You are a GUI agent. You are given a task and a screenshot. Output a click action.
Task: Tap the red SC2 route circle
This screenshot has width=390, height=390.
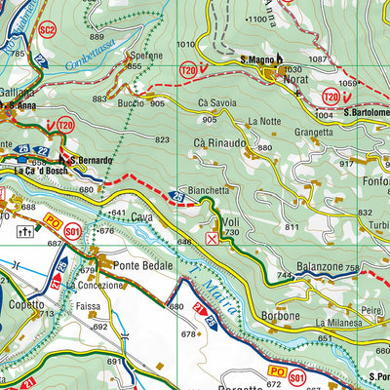46,30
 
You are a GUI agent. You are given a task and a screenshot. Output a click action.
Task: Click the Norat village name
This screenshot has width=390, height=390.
295,81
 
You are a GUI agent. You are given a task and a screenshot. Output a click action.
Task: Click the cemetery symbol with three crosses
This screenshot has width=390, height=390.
25,232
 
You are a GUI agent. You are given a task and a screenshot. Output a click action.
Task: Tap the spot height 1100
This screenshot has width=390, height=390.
255,19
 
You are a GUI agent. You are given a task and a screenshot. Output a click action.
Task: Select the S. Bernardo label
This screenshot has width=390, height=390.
91,160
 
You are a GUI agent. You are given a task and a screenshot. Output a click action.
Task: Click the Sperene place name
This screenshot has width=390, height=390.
145,57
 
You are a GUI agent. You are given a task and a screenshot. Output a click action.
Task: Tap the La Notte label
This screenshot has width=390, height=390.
264,121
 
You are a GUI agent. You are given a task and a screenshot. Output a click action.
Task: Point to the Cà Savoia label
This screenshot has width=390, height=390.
215,104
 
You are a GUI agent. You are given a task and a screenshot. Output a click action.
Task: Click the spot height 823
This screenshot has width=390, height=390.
162,140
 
